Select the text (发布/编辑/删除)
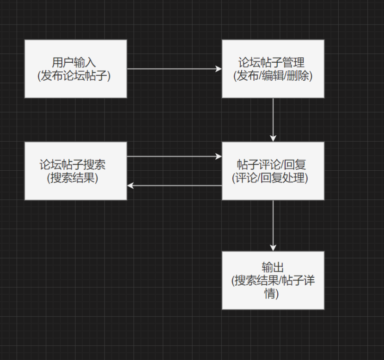(273, 76)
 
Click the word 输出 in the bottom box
(273, 268)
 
